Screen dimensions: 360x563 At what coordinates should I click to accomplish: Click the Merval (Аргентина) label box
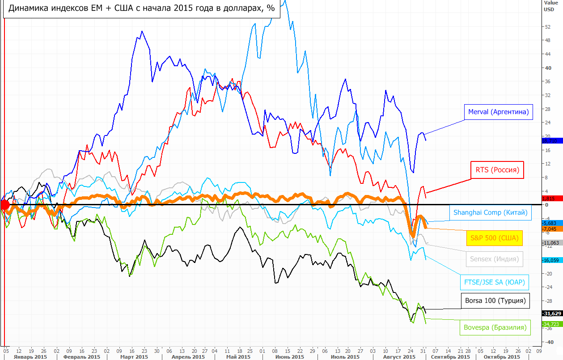(x=498, y=112)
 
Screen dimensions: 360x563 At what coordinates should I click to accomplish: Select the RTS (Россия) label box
(x=497, y=170)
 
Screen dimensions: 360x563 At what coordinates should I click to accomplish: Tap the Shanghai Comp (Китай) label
(x=491, y=212)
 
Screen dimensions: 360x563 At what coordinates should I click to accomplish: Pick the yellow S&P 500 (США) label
(x=494, y=238)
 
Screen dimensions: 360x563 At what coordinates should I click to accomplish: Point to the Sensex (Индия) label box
(x=494, y=258)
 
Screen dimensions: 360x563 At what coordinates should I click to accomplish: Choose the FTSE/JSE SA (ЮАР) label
(x=494, y=282)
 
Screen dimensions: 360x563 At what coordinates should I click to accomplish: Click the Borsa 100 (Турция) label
(x=495, y=301)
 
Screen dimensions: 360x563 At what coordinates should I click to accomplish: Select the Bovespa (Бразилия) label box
(x=495, y=327)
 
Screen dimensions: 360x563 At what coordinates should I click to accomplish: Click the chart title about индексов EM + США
(x=142, y=8)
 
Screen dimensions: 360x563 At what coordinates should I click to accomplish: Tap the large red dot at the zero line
(x=4, y=205)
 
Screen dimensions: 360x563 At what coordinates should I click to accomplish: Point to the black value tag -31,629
(x=552, y=313)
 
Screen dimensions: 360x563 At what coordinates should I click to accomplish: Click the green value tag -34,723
(x=552, y=324)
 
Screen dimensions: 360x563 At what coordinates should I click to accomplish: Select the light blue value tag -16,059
(x=552, y=260)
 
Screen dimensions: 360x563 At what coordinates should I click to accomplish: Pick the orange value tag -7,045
(x=552, y=229)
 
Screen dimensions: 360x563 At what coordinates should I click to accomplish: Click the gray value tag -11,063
(x=552, y=243)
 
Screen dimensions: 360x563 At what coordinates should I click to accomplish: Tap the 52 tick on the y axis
(x=548, y=27)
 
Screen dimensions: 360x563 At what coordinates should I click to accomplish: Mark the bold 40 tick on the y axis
(x=548, y=68)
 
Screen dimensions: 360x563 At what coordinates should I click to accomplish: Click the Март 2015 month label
(x=135, y=357)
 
